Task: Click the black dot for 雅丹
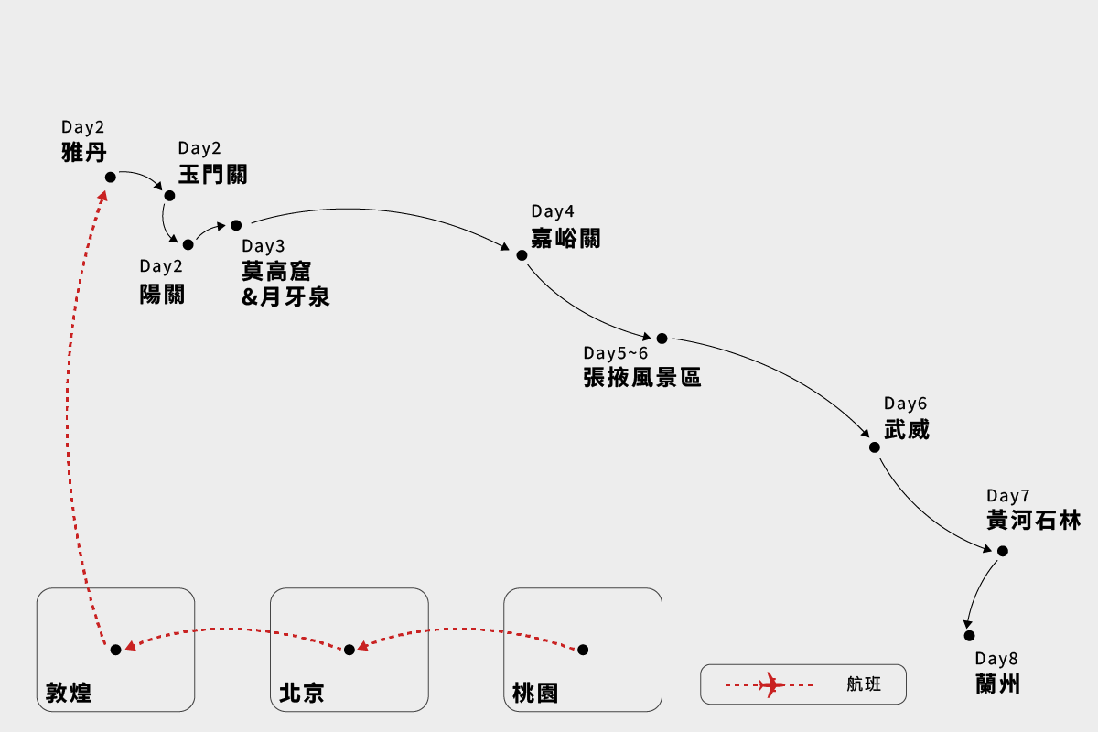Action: tap(111, 178)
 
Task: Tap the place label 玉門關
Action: tap(212, 175)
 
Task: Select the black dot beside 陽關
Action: tap(188, 245)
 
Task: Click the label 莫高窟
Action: tap(276, 272)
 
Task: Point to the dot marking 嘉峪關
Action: tap(522, 255)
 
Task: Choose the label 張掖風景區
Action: tap(642, 377)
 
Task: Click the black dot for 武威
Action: tap(875, 447)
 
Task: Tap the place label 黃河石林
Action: tap(1034, 521)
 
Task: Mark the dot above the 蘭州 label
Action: tap(969, 635)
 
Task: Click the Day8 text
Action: tap(996, 659)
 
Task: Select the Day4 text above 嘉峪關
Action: tap(553, 212)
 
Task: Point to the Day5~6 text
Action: tap(615, 353)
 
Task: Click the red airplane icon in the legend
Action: tap(772, 684)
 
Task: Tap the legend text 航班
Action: tap(865, 684)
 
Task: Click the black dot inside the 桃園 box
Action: tap(583, 650)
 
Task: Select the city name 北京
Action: tap(302, 693)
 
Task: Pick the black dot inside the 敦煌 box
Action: tap(115, 650)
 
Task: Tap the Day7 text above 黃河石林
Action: tap(1008, 495)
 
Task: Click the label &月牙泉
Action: tap(285, 297)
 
